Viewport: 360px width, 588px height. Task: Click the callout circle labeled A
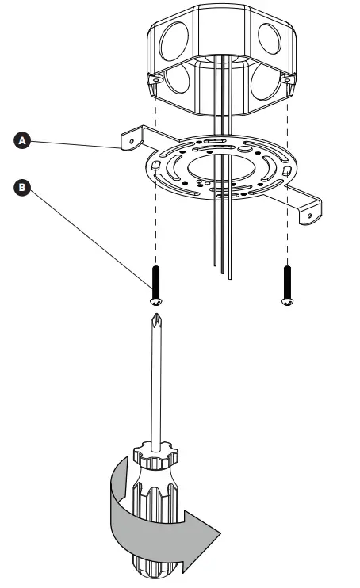[24, 139]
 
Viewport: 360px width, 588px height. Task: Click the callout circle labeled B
[24, 188]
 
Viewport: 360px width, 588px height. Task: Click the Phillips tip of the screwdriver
[156, 325]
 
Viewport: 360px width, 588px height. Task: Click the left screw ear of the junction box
[156, 80]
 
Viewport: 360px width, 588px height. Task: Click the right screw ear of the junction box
[287, 80]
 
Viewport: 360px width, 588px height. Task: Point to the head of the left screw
[156, 302]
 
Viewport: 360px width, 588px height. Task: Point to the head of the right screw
[285, 302]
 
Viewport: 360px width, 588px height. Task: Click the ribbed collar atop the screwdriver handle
[155, 459]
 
